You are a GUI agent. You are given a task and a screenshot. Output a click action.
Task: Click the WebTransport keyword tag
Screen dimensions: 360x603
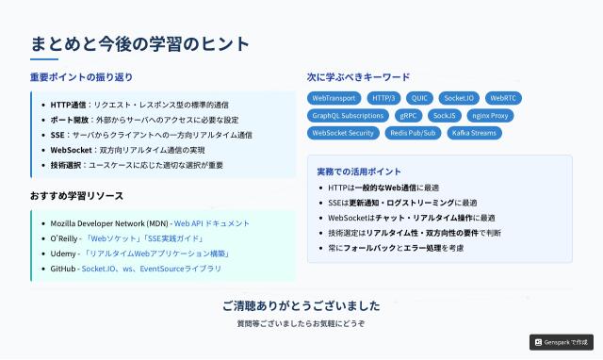[334, 98]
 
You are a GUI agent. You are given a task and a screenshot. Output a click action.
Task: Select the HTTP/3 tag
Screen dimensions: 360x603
[384, 98]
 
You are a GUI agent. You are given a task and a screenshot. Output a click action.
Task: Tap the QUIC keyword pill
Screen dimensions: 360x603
[420, 98]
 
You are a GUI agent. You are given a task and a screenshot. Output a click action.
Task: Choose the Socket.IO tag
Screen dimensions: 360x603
[459, 98]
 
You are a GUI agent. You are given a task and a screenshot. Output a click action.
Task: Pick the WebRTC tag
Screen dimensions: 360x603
[503, 98]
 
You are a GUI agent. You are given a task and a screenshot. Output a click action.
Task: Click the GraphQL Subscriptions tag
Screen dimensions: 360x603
[348, 116]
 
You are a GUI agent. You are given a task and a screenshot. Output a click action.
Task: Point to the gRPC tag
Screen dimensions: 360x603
[408, 116]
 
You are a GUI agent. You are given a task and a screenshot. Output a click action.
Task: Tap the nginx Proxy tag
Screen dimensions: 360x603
[490, 116]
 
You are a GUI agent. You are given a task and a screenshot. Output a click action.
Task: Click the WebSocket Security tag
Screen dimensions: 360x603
[343, 134]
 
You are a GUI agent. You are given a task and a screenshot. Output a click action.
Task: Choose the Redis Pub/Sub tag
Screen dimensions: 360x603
[413, 134]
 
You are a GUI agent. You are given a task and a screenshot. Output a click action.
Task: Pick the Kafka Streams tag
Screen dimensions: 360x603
[474, 134]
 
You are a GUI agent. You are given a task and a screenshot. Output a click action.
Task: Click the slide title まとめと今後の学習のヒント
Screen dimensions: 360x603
[140, 44]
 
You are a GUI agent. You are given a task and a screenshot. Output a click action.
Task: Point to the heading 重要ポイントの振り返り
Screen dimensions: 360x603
[81, 77]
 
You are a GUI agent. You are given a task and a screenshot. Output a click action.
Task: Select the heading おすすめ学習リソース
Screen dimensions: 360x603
[76, 196]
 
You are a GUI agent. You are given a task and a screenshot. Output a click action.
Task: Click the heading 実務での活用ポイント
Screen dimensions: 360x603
[359, 172]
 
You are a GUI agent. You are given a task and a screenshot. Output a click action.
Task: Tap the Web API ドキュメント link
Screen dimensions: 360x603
[212, 223]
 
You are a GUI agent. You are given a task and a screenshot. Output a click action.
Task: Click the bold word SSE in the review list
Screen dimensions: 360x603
[57, 135]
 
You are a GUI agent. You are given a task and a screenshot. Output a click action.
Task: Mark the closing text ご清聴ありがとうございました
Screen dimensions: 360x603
[301, 306]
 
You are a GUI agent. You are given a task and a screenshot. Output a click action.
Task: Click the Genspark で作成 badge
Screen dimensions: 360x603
[561, 342]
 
